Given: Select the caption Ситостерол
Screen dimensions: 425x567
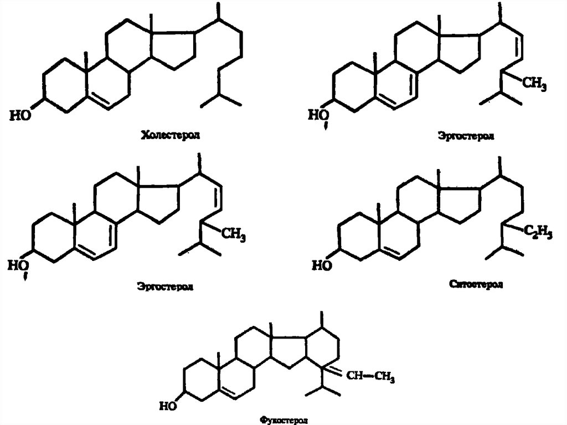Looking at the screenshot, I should point(477,284).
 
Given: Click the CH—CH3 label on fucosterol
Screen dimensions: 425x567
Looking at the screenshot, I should point(370,377).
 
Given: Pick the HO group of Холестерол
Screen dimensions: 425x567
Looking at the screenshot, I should point(20,115).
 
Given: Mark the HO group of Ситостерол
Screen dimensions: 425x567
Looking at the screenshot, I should point(321,265).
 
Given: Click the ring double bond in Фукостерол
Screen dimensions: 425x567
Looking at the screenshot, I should point(230,394).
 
